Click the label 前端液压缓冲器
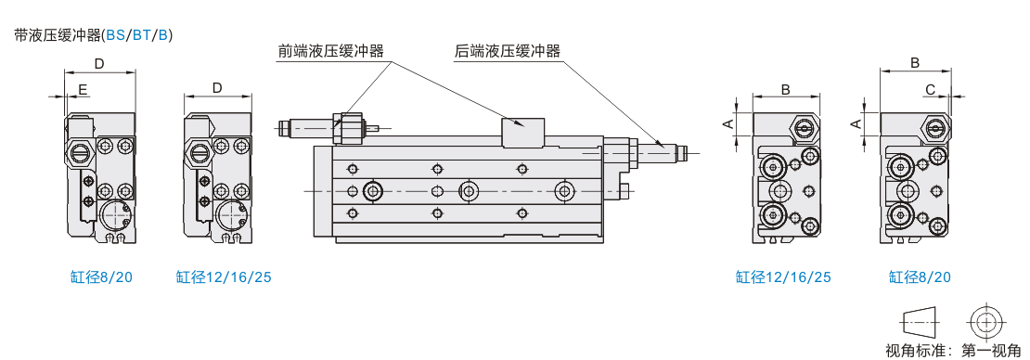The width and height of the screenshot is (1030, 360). [x=331, y=52]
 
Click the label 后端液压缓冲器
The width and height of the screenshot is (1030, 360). [x=508, y=52]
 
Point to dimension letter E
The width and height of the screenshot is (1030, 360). [x=83, y=88]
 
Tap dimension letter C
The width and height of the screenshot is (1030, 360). [x=930, y=89]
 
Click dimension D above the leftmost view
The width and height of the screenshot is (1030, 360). [x=100, y=64]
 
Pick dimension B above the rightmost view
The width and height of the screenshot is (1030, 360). [x=914, y=62]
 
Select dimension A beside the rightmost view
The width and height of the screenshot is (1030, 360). [x=856, y=122]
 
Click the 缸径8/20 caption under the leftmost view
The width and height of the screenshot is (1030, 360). [x=101, y=277]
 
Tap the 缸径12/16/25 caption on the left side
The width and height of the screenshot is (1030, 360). [x=224, y=277]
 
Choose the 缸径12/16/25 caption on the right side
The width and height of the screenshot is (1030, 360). [x=783, y=277]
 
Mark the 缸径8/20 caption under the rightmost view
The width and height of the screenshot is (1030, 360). [x=920, y=277]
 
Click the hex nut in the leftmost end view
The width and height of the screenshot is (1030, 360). [x=79, y=153]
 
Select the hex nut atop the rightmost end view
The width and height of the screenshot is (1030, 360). [x=935, y=127]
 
